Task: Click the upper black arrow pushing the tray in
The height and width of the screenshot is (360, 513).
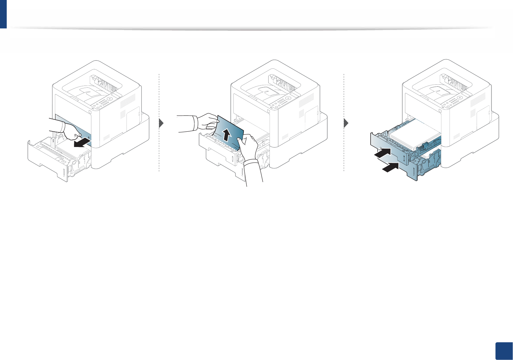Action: click(x=383, y=152)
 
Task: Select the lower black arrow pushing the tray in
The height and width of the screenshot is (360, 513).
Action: click(x=391, y=167)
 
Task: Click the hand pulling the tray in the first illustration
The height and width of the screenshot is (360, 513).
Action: click(x=69, y=130)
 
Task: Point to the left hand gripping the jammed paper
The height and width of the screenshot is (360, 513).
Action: click(x=207, y=122)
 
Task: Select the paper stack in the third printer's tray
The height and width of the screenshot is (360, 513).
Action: click(x=414, y=134)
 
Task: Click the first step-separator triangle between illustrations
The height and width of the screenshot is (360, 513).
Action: click(x=162, y=123)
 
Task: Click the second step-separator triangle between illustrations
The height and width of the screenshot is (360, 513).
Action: click(x=346, y=123)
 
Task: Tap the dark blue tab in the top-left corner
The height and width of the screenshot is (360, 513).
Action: click(x=3, y=14)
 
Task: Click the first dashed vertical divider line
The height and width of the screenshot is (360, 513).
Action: click(x=159, y=122)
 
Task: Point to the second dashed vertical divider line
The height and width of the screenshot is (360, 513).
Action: click(x=344, y=122)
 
